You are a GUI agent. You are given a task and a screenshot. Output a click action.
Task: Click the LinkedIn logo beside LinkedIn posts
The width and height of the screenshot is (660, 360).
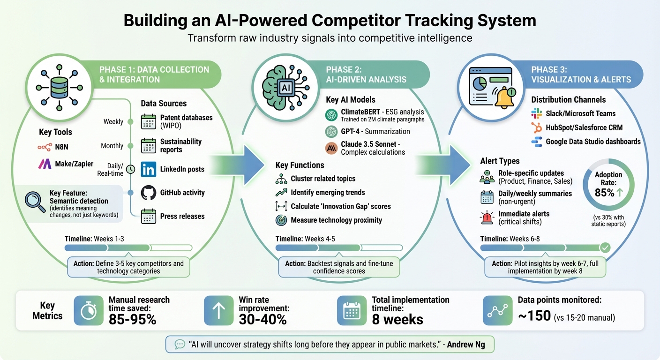click(149, 169)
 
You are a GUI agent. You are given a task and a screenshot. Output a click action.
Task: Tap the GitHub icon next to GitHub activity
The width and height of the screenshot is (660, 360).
click(149, 193)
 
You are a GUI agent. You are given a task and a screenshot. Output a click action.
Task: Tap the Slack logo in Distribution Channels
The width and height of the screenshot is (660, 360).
click(536, 113)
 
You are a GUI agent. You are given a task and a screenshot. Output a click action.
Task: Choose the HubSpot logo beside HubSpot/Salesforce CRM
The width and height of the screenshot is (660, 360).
click(536, 127)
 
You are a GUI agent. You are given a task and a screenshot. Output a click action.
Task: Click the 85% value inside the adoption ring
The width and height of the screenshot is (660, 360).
click(605, 193)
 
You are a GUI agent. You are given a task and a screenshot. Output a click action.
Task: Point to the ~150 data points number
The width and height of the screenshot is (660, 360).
click(534, 316)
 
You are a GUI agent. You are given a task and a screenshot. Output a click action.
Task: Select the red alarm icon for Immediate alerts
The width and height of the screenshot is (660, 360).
click(487, 217)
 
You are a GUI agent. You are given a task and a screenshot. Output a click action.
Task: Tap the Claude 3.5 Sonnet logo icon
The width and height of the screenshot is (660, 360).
click(331, 148)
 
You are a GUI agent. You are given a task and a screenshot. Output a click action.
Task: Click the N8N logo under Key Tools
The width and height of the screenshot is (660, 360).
click(45, 147)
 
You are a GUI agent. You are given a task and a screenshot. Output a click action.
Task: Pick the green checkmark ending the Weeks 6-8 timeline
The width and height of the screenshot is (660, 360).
click(605, 247)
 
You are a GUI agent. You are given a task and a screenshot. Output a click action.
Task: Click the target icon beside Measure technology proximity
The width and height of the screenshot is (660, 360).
click(281, 220)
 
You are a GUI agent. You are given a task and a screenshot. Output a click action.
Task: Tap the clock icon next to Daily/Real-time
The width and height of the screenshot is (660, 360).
click(131, 168)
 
